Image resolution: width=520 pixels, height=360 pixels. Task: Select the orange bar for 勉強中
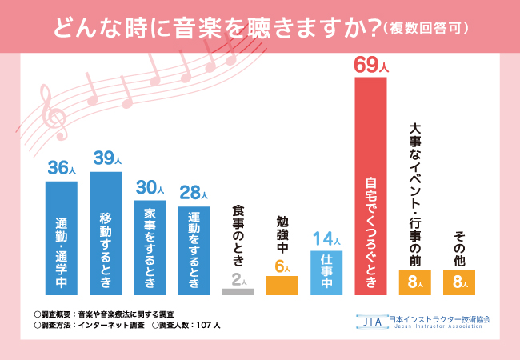click(x=282, y=286)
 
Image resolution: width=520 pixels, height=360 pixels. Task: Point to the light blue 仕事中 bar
click(x=326, y=273)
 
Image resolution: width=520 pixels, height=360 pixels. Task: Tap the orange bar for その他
click(x=459, y=282)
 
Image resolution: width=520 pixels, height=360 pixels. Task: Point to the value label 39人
click(x=106, y=159)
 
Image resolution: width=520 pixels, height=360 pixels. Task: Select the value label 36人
click(x=62, y=168)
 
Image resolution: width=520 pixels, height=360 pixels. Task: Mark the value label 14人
click(x=326, y=238)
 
